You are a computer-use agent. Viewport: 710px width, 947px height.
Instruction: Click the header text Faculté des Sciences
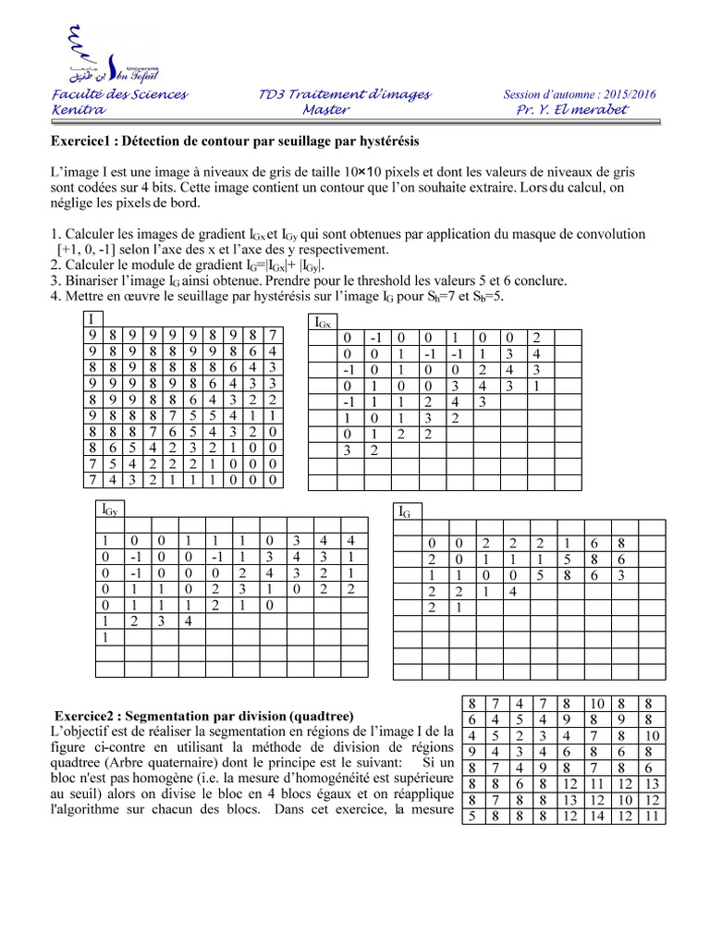(x=119, y=94)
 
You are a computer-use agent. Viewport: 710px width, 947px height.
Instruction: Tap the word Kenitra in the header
(x=80, y=110)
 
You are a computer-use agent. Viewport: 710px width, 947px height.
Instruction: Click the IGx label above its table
(x=324, y=323)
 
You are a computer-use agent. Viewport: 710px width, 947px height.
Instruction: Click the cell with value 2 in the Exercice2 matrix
(x=520, y=736)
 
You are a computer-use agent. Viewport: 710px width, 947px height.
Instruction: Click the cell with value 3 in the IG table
(x=623, y=574)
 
